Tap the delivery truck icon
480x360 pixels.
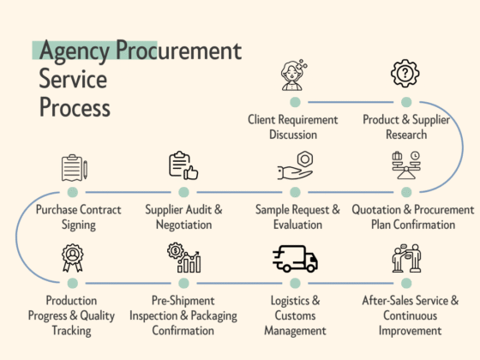(x=295, y=258)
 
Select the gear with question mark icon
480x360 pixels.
(x=405, y=75)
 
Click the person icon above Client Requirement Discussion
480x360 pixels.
(x=294, y=75)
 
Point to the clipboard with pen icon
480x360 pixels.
(x=74, y=166)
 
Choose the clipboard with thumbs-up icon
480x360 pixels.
(x=183, y=165)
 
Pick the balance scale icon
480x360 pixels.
(x=405, y=165)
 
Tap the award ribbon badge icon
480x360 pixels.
(x=74, y=258)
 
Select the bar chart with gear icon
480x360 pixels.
(x=183, y=258)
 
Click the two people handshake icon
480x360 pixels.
(x=405, y=258)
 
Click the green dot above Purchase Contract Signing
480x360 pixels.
(x=73, y=192)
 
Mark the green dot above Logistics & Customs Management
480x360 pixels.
(x=295, y=283)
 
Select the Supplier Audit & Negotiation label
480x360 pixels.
(x=183, y=217)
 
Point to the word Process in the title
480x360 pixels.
(x=75, y=108)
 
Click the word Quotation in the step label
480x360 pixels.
(x=381, y=209)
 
